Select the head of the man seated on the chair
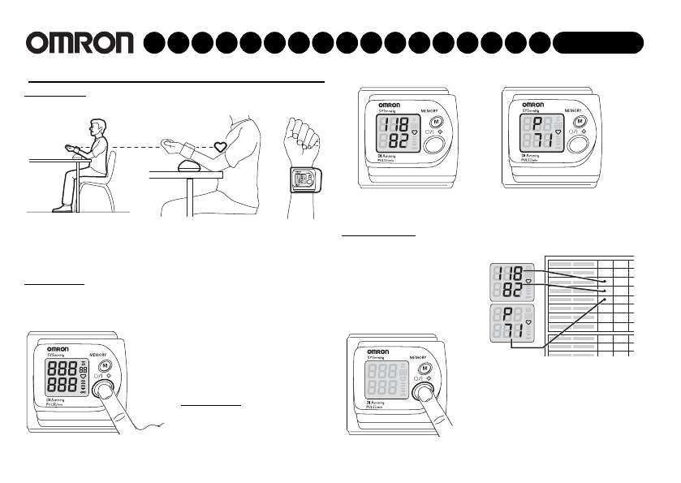point(94,127)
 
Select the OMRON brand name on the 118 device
point(390,106)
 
